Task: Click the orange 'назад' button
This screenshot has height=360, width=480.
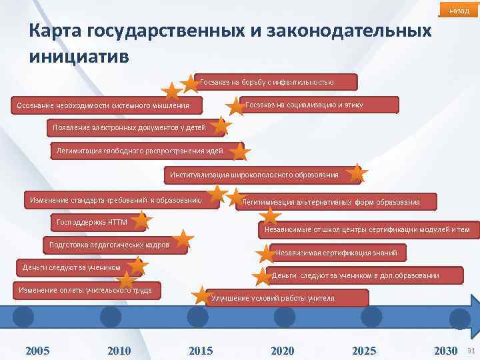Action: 459,11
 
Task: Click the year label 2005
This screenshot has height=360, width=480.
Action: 37,351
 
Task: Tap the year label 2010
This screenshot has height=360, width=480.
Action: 119,351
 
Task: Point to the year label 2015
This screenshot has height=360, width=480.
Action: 201,351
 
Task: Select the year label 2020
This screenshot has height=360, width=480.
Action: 283,351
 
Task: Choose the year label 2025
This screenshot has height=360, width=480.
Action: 364,351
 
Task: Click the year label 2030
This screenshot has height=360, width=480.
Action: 445,351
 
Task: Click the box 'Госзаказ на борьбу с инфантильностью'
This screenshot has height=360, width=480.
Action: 276,83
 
